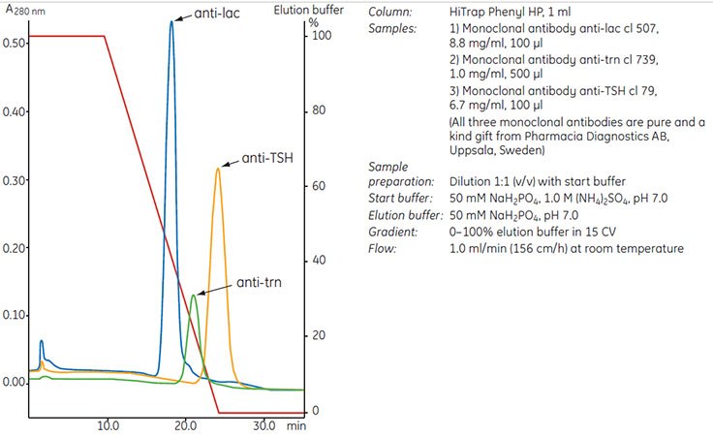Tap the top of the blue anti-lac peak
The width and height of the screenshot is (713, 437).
tap(171, 21)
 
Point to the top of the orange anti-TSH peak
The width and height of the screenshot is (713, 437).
tap(218, 169)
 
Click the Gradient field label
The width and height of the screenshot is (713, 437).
tap(393, 233)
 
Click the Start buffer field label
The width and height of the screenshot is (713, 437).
tap(401, 198)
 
